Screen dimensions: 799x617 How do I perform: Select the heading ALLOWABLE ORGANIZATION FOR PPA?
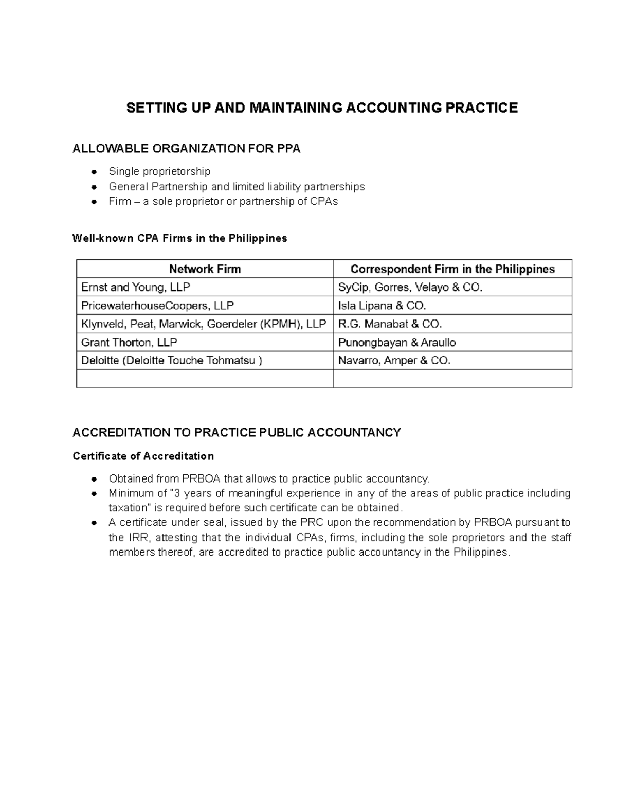click(x=186, y=149)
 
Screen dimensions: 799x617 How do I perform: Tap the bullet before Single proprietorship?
click(x=94, y=171)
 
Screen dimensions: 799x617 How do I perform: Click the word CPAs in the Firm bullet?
click(x=324, y=201)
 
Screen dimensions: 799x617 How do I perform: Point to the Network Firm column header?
click(x=205, y=269)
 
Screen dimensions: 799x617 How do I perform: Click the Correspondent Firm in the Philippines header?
click(x=452, y=269)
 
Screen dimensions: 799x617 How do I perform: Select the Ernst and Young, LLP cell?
click(x=136, y=287)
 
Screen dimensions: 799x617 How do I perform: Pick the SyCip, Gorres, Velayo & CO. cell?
click(x=410, y=287)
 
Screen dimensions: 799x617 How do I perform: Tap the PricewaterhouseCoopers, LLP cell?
click(x=157, y=306)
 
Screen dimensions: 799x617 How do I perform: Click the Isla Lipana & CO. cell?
click(x=382, y=306)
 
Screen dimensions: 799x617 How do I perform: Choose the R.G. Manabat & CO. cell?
click(x=390, y=324)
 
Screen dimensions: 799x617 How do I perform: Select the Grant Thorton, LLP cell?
click(x=129, y=342)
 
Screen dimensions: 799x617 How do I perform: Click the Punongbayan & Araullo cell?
click(x=397, y=342)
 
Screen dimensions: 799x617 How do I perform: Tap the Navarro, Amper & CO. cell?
click(x=394, y=361)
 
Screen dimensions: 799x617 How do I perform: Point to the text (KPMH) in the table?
click(x=281, y=324)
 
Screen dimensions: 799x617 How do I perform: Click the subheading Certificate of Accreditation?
click(x=143, y=456)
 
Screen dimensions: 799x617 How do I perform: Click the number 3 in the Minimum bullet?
click(x=177, y=493)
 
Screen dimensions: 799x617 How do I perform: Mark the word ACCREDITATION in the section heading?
click(x=132, y=432)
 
